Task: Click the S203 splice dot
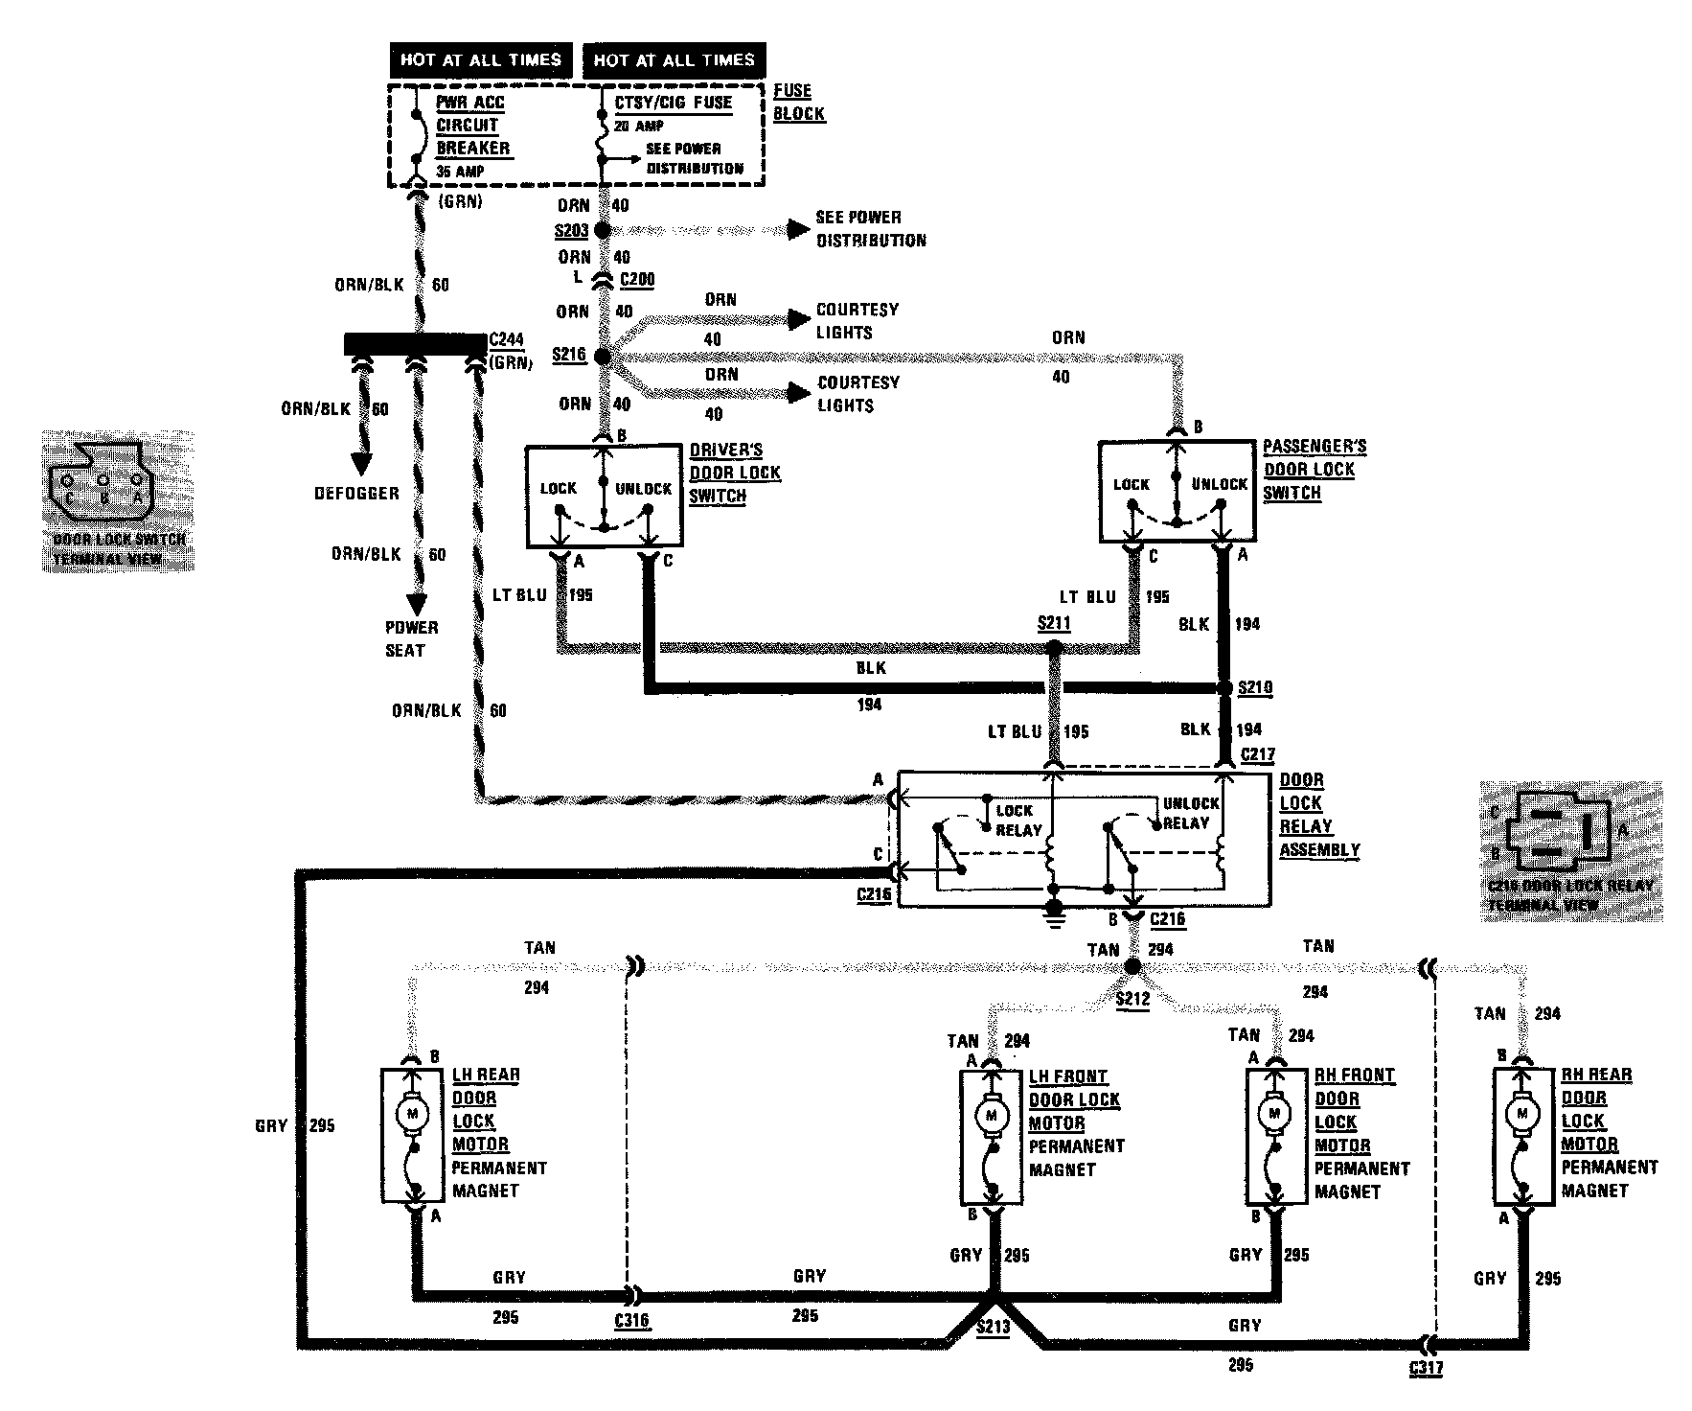pyautogui.click(x=603, y=231)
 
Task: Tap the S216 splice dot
pyautogui.click(x=603, y=357)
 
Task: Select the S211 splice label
pyautogui.click(x=1054, y=624)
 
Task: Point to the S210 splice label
pyautogui.click(x=1256, y=687)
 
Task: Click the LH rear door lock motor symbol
pyautogui.click(x=415, y=1112)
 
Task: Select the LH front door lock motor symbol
pyautogui.click(x=992, y=1115)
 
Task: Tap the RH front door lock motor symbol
pyautogui.click(x=1274, y=1115)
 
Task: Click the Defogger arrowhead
pyautogui.click(x=361, y=463)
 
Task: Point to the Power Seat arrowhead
pyautogui.click(x=417, y=604)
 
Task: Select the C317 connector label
pyautogui.click(x=1426, y=1368)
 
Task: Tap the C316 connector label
pyautogui.click(x=631, y=1320)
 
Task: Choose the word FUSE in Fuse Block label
pyautogui.click(x=792, y=91)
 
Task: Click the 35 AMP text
pyautogui.click(x=460, y=171)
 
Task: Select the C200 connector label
pyautogui.click(x=637, y=281)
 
